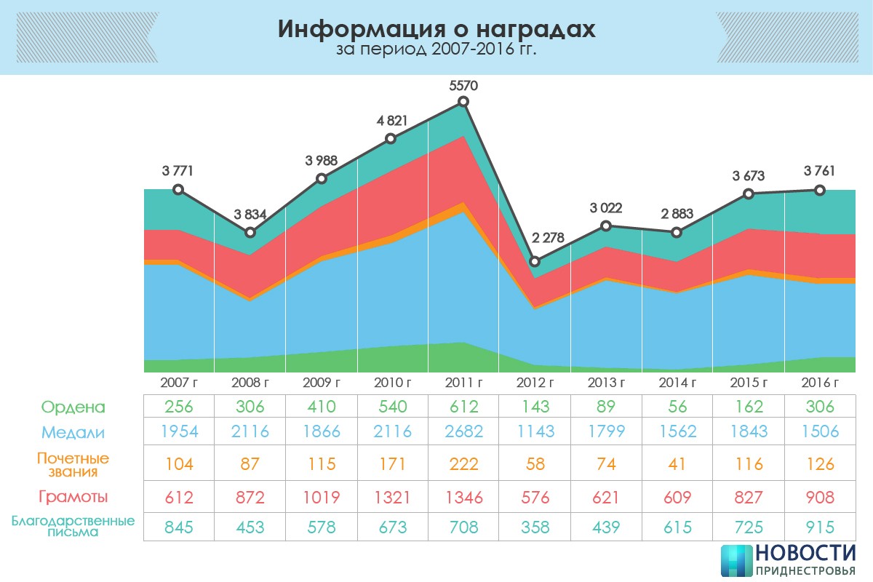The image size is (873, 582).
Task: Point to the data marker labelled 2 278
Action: point(535,261)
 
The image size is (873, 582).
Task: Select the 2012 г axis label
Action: point(535,383)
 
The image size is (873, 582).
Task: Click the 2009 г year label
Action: point(321,383)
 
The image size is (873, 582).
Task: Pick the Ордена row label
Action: point(73,407)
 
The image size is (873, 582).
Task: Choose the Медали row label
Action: point(73,432)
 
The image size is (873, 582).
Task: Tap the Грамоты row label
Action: point(73,497)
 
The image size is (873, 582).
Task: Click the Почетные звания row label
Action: point(73,464)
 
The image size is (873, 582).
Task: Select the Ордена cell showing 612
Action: point(463,407)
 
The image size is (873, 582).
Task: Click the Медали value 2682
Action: point(463,432)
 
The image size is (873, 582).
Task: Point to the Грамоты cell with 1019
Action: point(321,498)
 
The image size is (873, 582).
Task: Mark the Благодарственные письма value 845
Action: point(178,527)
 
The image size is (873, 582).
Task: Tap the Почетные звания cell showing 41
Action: point(677,464)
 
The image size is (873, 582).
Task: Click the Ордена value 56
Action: point(677,407)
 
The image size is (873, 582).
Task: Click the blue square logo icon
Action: point(736,561)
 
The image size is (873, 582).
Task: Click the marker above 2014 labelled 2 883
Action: point(677,232)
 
